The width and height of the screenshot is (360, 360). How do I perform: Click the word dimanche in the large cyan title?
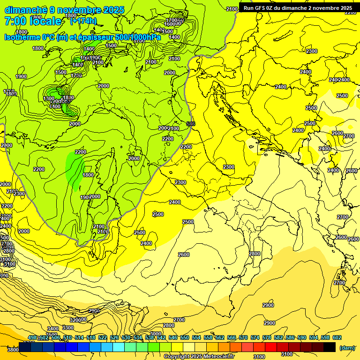pos(26,10)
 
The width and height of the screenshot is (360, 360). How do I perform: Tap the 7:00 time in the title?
pos(15,21)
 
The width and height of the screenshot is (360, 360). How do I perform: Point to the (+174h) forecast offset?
pos(83,21)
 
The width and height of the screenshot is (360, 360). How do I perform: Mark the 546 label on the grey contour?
pos(190,124)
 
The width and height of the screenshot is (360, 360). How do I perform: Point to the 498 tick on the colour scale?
pos(32,337)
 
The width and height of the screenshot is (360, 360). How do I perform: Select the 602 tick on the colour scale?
pos(337,337)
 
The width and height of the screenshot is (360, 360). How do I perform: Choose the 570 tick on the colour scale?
pos(243,337)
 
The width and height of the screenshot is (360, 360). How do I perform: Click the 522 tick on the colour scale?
pos(103,337)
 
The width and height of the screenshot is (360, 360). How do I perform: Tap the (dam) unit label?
pos(347,348)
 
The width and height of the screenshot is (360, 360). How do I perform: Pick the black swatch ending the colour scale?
pos(330,347)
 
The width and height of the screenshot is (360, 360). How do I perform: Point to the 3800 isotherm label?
pos(13,349)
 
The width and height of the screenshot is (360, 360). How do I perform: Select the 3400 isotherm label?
pos(53,329)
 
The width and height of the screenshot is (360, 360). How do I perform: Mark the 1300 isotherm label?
pos(48,98)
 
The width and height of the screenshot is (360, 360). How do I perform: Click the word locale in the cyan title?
pos(45,21)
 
